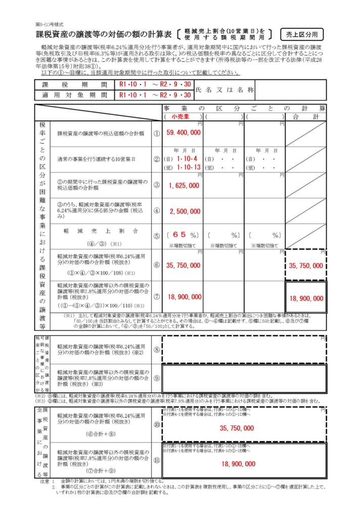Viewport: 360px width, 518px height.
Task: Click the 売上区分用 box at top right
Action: (x=302, y=34)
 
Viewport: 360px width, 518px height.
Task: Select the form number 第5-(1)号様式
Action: (x=50, y=24)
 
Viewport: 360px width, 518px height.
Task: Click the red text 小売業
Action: (x=179, y=116)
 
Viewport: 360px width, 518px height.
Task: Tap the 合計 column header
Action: (x=305, y=116)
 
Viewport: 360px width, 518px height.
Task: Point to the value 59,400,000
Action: (x=183, y=133)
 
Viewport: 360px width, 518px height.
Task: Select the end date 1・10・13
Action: (x=189, y=167)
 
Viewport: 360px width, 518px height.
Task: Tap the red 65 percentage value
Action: (x=180, y=235)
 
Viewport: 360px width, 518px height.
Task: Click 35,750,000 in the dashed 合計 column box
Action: (x=305, y=265)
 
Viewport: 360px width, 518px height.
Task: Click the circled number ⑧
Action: (x=156, y=349)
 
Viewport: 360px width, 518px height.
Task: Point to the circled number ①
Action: (x=156, y=134)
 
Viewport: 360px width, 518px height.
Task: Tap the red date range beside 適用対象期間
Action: (x=155, y=95)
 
